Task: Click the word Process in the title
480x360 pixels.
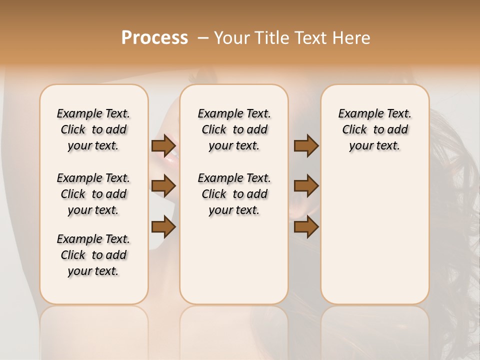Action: click(154, 38)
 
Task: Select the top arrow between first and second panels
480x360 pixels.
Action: click(164, 146)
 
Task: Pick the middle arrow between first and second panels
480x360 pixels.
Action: click(164, 186)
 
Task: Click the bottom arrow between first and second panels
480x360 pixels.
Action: click(164, 227)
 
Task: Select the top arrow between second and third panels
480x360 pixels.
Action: click(306, 146)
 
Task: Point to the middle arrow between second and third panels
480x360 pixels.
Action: click(306, 186)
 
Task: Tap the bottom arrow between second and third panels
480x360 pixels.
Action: click(306, 227)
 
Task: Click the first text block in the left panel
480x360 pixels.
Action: click(93, 129)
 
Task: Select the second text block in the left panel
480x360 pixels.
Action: click(93, 194)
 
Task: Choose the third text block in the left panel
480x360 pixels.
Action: click(93, 255)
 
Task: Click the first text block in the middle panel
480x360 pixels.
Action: click(234, 129)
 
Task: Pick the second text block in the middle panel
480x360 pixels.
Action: click(234, 194)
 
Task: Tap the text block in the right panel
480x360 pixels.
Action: click(375, 129)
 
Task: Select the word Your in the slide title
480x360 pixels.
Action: click(230, 38)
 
